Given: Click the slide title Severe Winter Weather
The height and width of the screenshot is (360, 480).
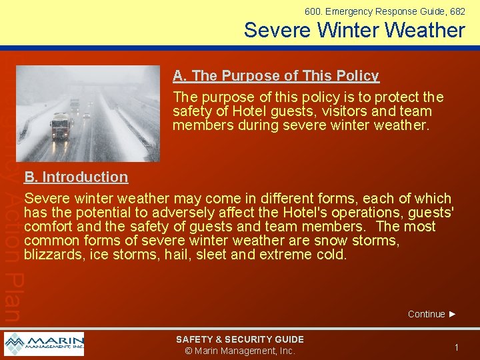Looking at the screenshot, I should (354, 30).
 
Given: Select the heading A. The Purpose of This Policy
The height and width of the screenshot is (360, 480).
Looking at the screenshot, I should (276, 76).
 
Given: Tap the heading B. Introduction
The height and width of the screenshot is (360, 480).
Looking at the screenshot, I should (76, 177).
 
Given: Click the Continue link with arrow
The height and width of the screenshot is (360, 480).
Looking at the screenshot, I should (432, 314).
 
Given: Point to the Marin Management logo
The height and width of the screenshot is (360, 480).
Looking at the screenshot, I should (44, 344).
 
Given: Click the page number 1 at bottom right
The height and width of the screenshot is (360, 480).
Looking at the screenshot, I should (457, 347).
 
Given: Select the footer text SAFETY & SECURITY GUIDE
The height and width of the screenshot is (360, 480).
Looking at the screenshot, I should (239, 339).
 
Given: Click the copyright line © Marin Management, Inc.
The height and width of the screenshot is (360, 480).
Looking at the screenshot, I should (239, 351).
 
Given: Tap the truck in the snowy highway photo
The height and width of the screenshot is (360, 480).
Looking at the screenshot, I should (61, 125).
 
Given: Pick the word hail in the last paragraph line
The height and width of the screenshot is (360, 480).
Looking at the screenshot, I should (177, 255).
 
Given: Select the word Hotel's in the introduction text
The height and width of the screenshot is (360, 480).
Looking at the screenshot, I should (310, 213).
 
